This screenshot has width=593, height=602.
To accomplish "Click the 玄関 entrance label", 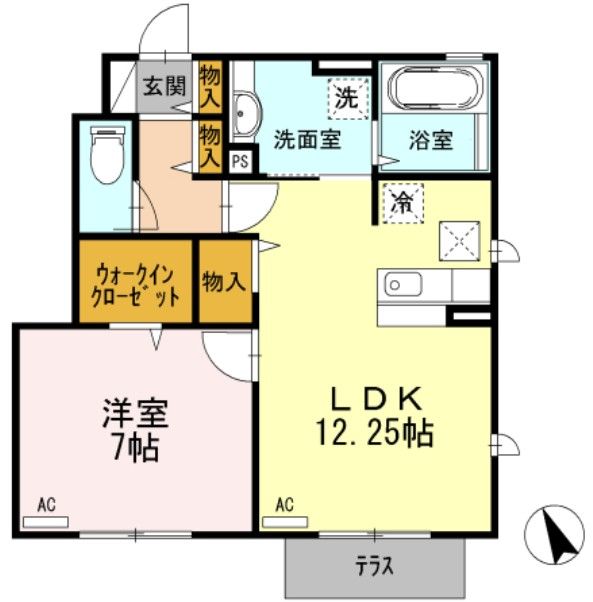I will [x=163, y=85].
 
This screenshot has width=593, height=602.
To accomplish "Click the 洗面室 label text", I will [x=308, y=139].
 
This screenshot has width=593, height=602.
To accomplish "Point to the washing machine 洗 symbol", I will [x=347, y=98].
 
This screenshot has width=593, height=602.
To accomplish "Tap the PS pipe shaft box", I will [x=240, y=160].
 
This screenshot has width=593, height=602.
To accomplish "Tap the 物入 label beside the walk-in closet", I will [x=224, y=282].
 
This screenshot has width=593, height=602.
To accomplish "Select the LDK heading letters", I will [x=378, y=398].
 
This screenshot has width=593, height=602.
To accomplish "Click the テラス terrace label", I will [x=374, y=566].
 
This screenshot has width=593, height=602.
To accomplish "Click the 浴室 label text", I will [x=430, y=139].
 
